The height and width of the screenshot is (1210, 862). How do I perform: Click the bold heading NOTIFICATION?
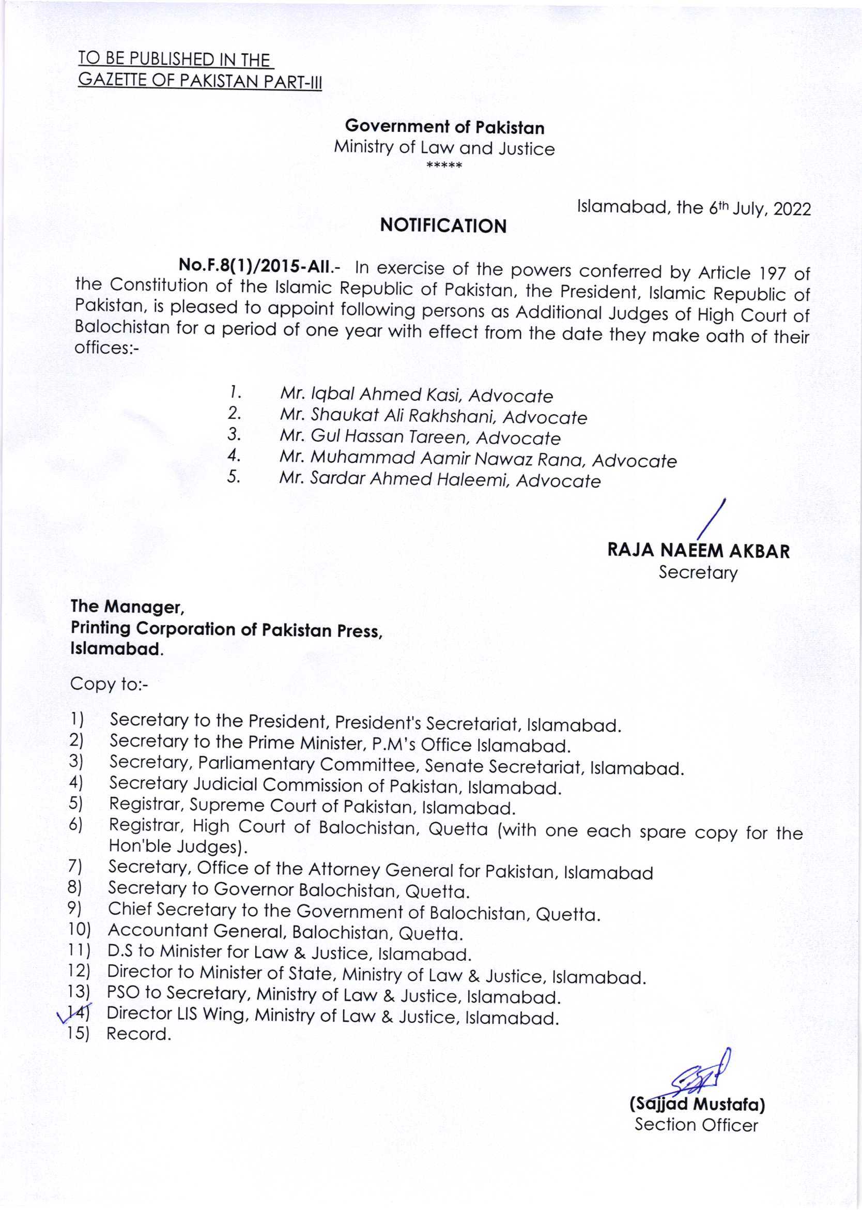click(443, 226)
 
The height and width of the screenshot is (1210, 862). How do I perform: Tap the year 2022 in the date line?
click(792, 209)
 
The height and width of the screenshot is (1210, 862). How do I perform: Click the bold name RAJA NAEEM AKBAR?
click(699, 551)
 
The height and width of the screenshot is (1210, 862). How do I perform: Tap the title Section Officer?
click(697, 1125)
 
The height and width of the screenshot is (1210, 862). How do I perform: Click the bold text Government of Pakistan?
click(444, 127)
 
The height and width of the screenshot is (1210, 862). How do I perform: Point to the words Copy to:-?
click(109, 684)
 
